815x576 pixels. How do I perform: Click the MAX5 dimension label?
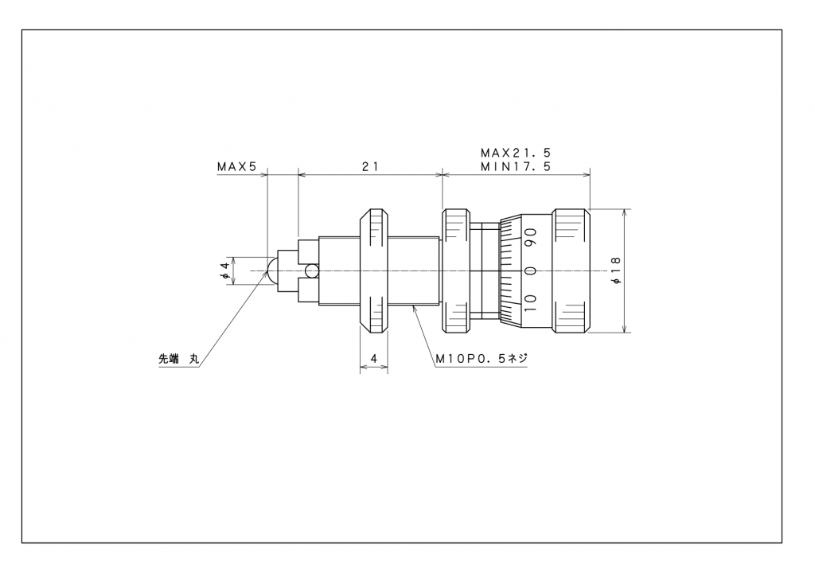pos(237,167)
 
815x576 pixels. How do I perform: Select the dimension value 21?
pos(370,167)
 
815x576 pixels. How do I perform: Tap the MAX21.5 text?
pos(515,154)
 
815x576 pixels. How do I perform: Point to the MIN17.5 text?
pos(515,167)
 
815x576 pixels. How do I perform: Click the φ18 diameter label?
pos(617,270)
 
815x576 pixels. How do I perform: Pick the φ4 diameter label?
pos(225,270)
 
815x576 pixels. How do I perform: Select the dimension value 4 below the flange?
pos(374,358)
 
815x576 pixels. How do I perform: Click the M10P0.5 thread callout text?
pos(482,358)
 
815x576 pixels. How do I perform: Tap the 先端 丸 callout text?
pos(179,358)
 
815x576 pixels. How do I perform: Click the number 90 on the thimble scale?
pos(530,238)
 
